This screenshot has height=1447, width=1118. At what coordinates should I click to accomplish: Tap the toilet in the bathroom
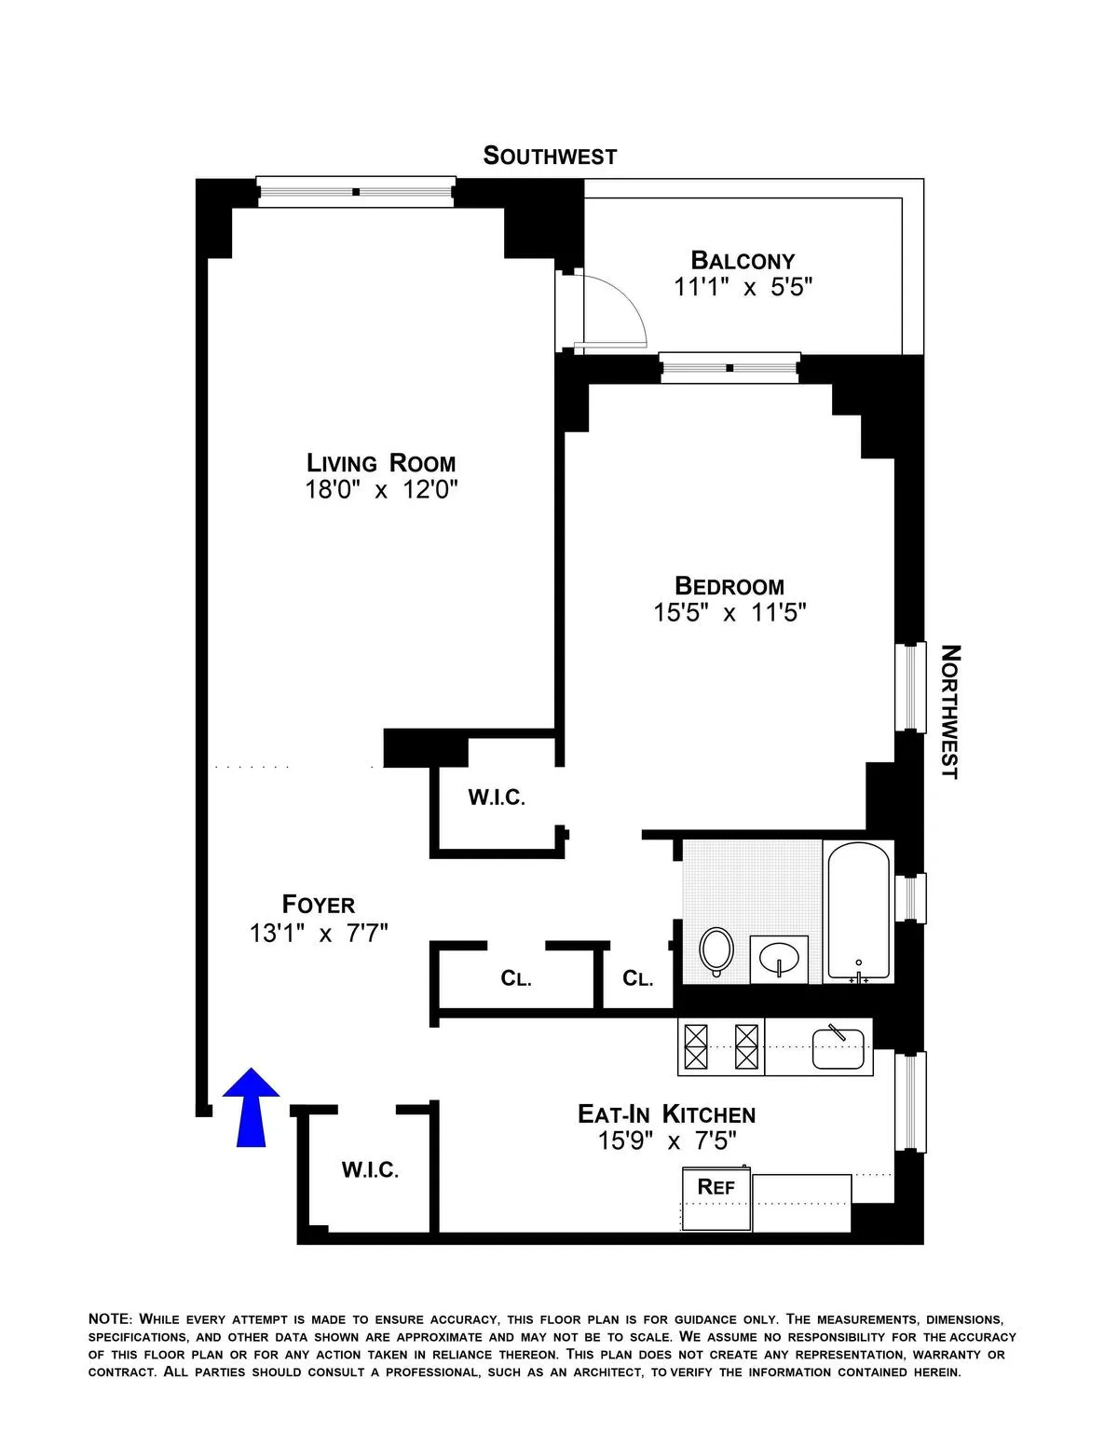716,950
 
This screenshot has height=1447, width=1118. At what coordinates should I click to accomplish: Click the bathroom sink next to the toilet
779,958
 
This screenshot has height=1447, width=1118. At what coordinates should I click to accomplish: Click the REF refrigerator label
716,1186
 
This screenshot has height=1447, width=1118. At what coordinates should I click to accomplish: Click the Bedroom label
729,586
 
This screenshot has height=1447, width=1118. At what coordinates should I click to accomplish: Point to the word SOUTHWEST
550,156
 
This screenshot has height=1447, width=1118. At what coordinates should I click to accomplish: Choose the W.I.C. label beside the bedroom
497,798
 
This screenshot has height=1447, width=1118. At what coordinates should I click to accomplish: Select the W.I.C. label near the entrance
370,1170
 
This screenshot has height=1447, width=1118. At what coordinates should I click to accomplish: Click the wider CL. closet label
515,978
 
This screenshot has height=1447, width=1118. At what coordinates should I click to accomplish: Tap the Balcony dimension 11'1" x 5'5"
743,287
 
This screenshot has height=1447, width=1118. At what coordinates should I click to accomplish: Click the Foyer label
319,905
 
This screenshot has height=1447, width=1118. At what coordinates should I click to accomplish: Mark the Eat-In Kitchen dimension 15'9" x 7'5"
667,1140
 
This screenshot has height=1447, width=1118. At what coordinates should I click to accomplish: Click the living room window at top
356,192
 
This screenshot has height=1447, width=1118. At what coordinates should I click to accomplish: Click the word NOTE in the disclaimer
111,1319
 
